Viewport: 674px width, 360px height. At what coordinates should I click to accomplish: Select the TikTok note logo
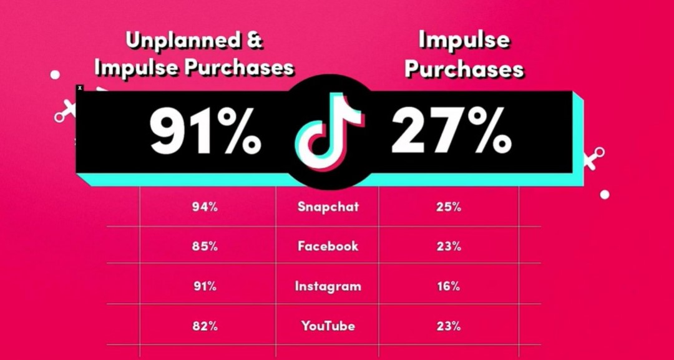(x=329, y=132)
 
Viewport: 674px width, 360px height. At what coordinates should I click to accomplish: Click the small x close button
(x=79, y=88)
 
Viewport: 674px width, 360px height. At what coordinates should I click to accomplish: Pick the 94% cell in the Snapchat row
(x=205, y=207)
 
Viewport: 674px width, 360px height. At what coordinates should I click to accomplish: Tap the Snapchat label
(x=328, y=207)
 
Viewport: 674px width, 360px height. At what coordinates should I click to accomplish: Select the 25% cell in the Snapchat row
(x=448, y=207)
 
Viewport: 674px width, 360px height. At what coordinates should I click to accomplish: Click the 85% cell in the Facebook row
(x=205, y=246)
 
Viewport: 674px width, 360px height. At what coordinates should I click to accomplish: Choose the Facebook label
(x=328, y=246)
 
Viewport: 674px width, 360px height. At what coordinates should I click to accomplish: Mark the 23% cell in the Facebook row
(x=448, y=246)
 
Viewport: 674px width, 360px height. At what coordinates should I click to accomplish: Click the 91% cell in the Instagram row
(x=205, y=286)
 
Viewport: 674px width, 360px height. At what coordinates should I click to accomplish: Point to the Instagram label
(x=328, y=286)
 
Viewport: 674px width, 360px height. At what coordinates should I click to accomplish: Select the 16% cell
(x=448, y=286)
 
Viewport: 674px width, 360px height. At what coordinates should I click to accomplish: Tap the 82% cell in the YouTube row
(x=205, y=326)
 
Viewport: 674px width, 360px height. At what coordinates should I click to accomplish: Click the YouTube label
(x=328, y=326)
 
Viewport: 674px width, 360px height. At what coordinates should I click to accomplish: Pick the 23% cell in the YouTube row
(x=448, y=326)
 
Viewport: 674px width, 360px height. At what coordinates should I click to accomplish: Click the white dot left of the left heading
(x=55, y=75)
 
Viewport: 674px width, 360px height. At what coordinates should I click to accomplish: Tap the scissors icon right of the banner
(x=595, y=158)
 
